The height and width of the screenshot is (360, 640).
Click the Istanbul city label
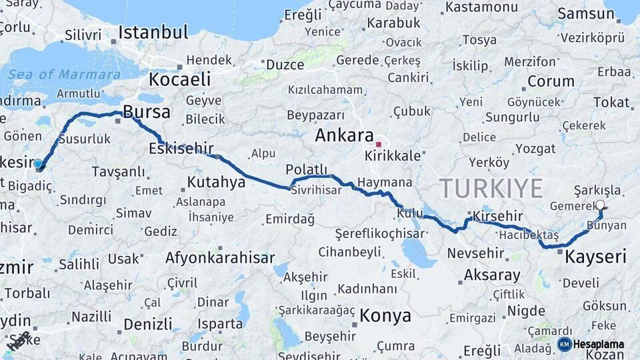[153, 31]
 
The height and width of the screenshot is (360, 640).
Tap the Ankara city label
[344, 135]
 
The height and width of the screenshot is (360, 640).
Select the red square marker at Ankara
[379, 144]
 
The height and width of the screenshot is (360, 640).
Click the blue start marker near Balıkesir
[38, 163]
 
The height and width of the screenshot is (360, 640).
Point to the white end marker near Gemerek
[600, 205]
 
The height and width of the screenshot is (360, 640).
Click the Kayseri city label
[596, 256]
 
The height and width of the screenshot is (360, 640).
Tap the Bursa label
[147, 111]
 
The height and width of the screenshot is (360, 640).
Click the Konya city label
[385, 315]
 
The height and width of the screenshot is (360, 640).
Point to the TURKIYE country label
[491, 188]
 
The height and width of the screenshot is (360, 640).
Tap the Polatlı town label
[307, 169]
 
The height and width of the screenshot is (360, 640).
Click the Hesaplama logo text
[599, 344]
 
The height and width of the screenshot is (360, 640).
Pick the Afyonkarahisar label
[220, 258]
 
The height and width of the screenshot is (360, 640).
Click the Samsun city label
[581, 13]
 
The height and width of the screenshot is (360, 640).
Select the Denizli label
[148, 325]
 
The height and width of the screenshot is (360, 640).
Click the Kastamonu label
[481, 7]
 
